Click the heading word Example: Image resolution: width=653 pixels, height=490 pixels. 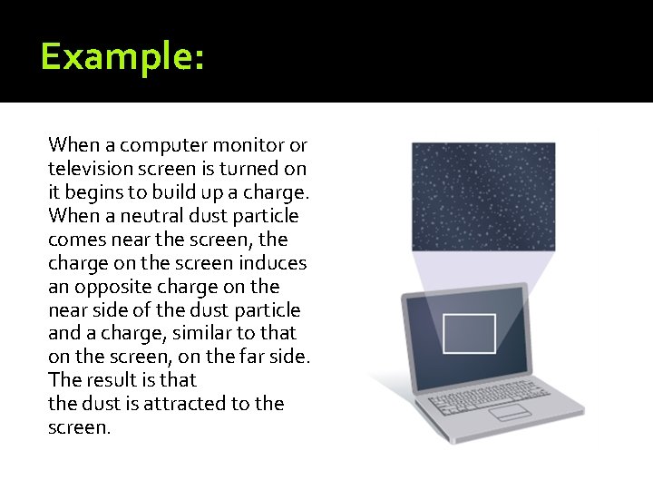pyautogui.click(x=122, y=58)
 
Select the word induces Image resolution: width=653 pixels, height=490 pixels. pyautogui.click(x=272, y=263)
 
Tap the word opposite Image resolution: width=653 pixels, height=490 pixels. pyautogui.click(x=111, y=287)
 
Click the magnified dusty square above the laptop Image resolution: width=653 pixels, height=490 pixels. pyautogui.click(x=482, y=195)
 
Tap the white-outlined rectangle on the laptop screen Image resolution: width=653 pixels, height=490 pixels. pyautogui.click(x=468, y=333)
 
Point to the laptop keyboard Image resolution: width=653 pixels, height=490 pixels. pyautogui.click(x=494, y=388)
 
